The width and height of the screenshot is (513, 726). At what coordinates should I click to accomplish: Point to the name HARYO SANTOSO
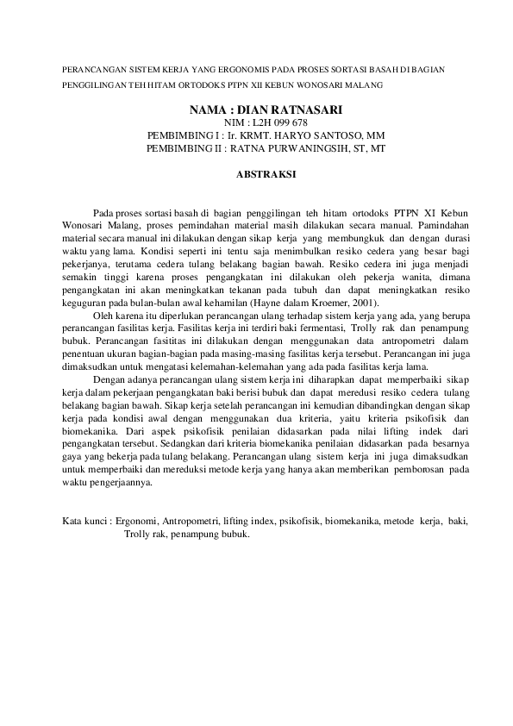pyautogui.click(x=332, y=136)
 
